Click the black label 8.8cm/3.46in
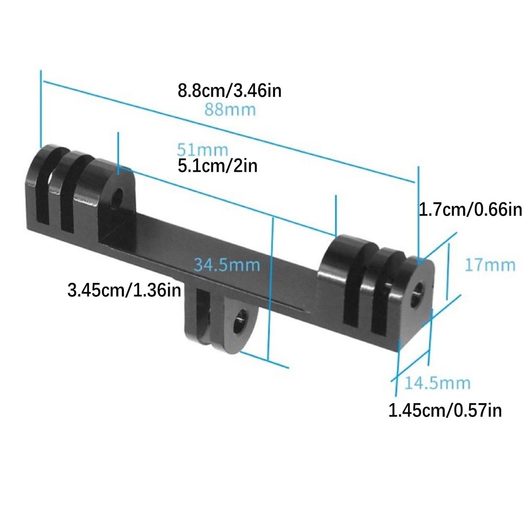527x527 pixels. tap(230, 91)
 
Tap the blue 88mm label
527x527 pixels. tap(230, 110)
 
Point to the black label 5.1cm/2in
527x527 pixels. tap(218, 167)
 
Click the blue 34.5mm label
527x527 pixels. tap(227, 264)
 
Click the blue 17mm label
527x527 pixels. tap(490, 264)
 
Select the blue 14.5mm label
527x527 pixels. tap(437, 383)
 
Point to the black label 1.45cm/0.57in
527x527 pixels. tap(445, 409)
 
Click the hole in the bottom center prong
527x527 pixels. tap(242, 318)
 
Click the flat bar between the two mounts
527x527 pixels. tap(221, 248)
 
